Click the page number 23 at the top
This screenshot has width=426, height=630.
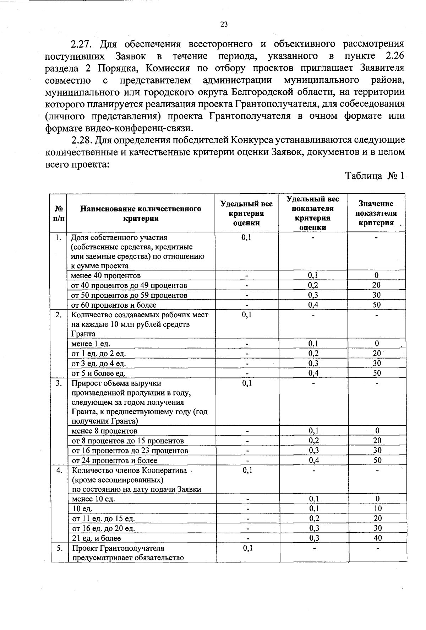tap(224, 24)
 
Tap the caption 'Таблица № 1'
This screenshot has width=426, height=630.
tap(375, 176)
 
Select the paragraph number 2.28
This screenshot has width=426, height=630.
tap(82, 140)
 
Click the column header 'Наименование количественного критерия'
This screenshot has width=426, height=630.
tap(141, 213)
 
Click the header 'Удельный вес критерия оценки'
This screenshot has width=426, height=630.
tap(246, 213)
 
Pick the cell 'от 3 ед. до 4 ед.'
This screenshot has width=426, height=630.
tap(99, 364)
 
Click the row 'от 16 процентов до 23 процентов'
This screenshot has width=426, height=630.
tap(130, 451)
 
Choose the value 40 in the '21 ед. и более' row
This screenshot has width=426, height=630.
tap(378, 538)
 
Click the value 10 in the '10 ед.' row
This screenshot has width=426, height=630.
tap(378, 508)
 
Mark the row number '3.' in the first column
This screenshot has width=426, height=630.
tap(59, 383)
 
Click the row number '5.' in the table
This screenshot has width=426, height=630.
tap(59, 548)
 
